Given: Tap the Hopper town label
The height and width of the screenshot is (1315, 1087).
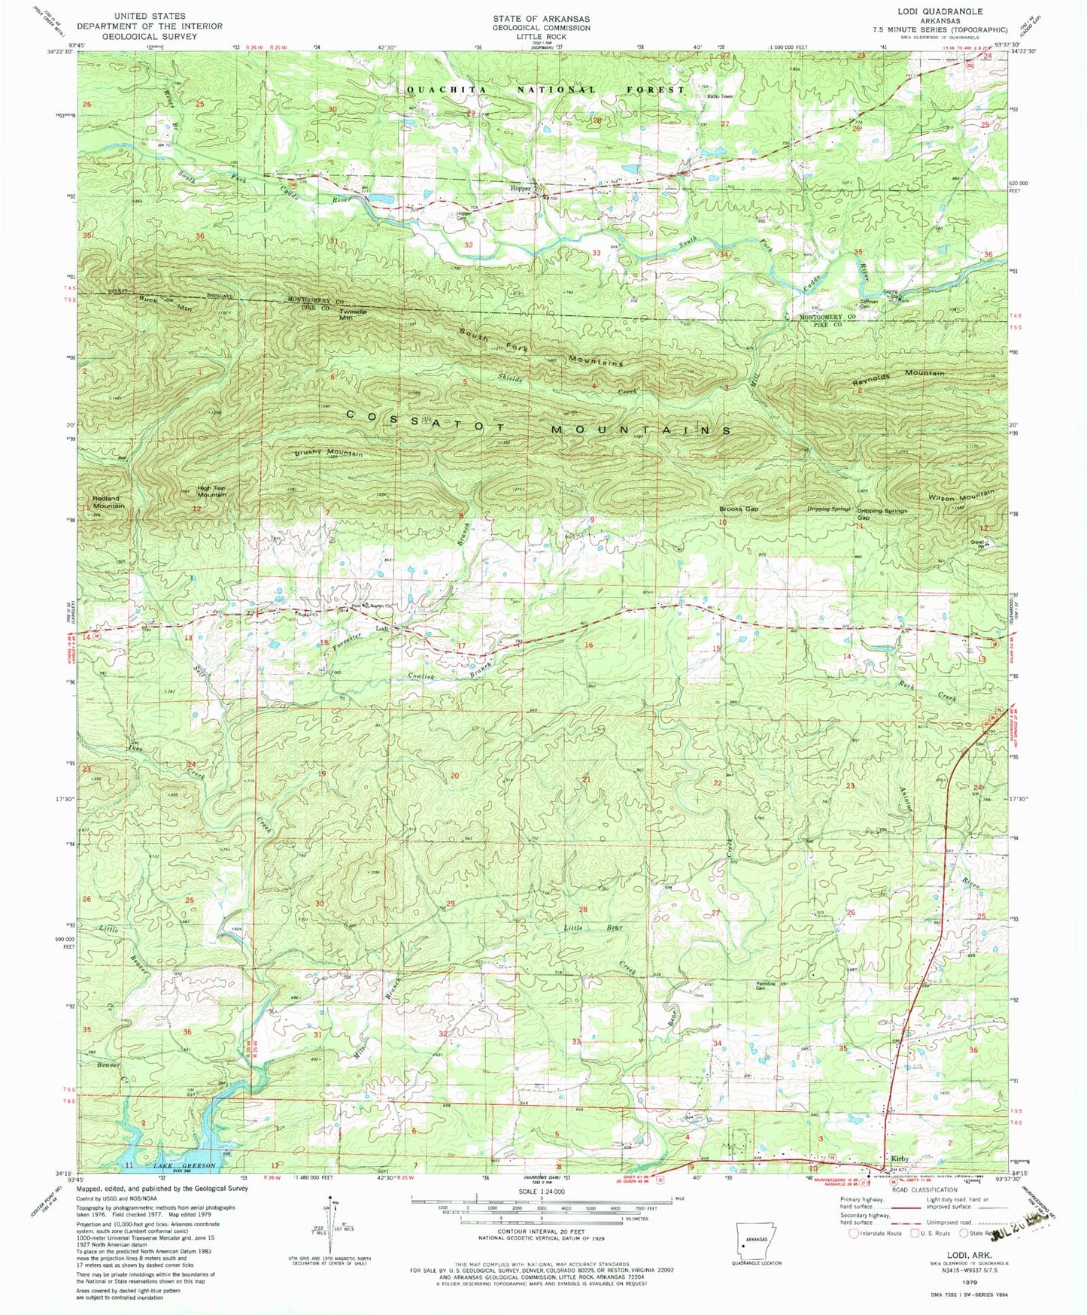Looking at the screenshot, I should point(521,189).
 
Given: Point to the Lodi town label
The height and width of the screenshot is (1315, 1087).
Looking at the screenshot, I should point(382,629).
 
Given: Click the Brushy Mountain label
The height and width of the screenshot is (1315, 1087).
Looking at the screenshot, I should point(328,454).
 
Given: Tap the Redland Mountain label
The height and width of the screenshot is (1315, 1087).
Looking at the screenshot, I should point(106,502).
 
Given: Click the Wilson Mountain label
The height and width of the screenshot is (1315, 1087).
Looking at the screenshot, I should point(961,495).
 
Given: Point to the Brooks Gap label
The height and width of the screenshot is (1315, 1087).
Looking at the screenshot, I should point(738,509).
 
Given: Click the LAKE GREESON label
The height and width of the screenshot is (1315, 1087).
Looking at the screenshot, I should point(184,1165).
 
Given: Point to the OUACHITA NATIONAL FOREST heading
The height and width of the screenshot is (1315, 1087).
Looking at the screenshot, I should point(545,90).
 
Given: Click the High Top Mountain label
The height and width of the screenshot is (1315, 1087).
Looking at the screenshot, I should point(211,491).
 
